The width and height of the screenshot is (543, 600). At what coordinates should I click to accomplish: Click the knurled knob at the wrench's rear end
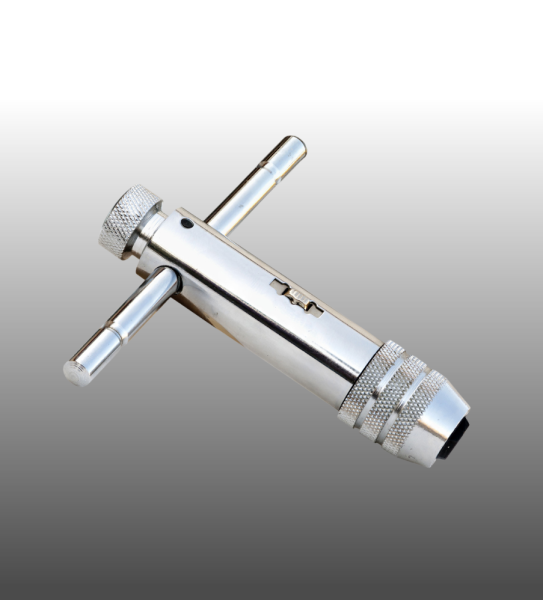coord(128,221)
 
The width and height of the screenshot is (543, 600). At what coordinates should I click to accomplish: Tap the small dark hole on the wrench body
coord(186,224)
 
